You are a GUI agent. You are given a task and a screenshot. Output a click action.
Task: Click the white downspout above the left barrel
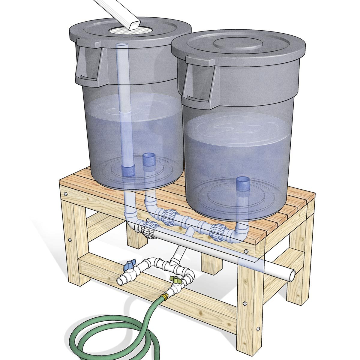[x=120, y=12]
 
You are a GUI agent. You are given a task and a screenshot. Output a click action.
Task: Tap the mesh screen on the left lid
[x=120, y=30]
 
